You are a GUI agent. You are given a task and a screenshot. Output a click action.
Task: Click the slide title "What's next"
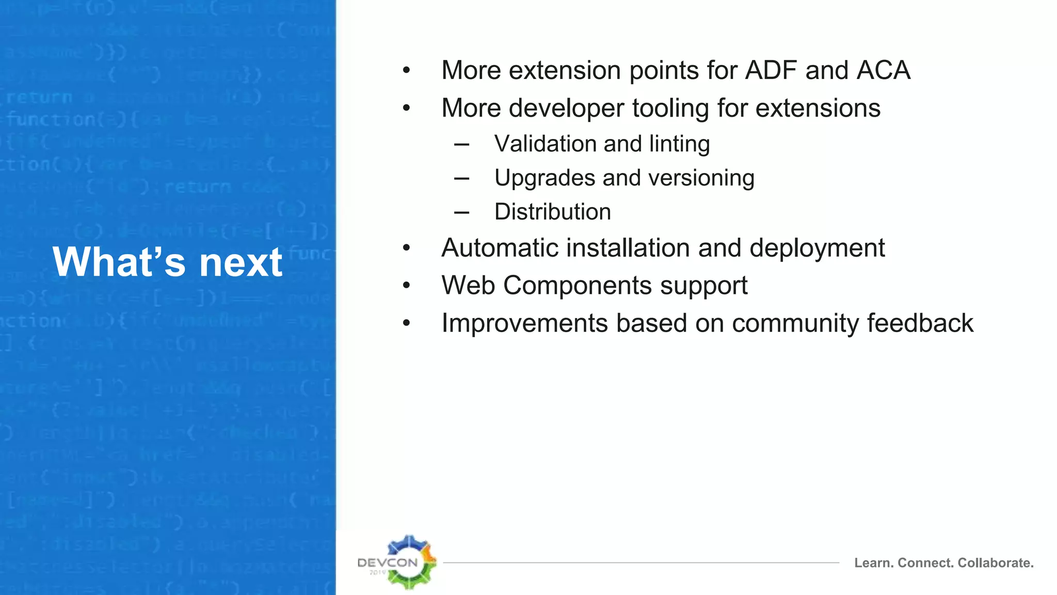[167, 262]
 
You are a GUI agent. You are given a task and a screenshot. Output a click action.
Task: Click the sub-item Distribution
[552, 212]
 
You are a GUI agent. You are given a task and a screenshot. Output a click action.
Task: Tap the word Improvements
[524, 324]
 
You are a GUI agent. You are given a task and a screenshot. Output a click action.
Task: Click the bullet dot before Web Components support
[407, 286]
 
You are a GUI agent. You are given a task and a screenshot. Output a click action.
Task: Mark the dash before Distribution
[461, 212]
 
